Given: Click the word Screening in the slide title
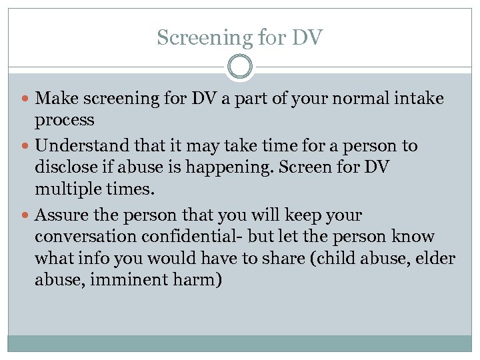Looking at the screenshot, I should click(x=188, y=38).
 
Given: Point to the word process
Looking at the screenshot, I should click(x=65, y=121).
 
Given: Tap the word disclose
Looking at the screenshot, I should click(x=65, y=167).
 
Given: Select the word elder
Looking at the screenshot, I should click(x=435, y=258).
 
